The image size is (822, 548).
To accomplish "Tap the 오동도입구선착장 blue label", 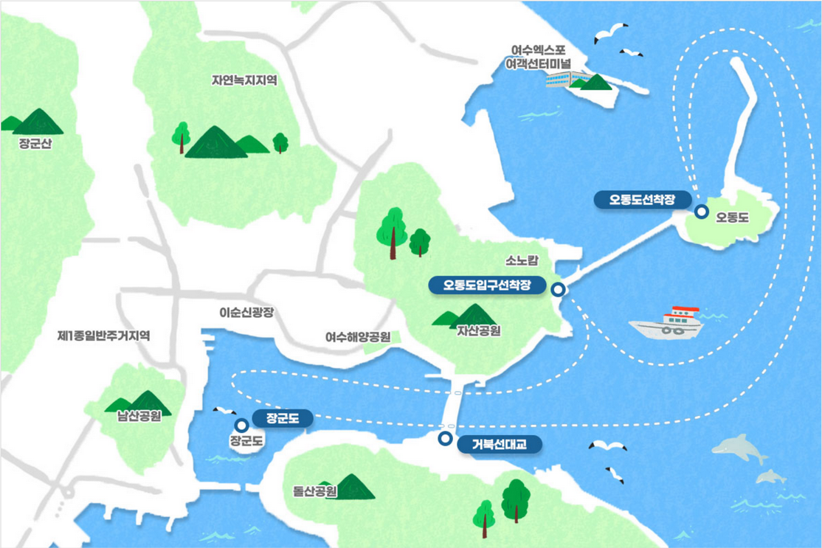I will tap(487, 285).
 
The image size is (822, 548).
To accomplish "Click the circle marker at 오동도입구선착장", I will tap(559, 290).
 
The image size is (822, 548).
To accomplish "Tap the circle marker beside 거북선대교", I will tap(445, 439).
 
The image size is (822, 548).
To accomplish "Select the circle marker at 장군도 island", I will tap(241, 425).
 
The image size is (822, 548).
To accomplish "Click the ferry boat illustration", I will tap(667, 323).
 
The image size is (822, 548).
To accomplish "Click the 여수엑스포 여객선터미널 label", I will tap(538, 58).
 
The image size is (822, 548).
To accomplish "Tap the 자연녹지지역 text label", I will tap(244, 80).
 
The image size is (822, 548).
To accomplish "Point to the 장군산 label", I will tap(36, 144).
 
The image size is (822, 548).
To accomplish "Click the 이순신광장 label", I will tap(246, 312).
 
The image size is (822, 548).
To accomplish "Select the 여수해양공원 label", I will tap(358, 337).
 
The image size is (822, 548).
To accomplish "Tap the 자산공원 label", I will tap(479, 331).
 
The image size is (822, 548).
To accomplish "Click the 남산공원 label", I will tap(139, 416).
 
